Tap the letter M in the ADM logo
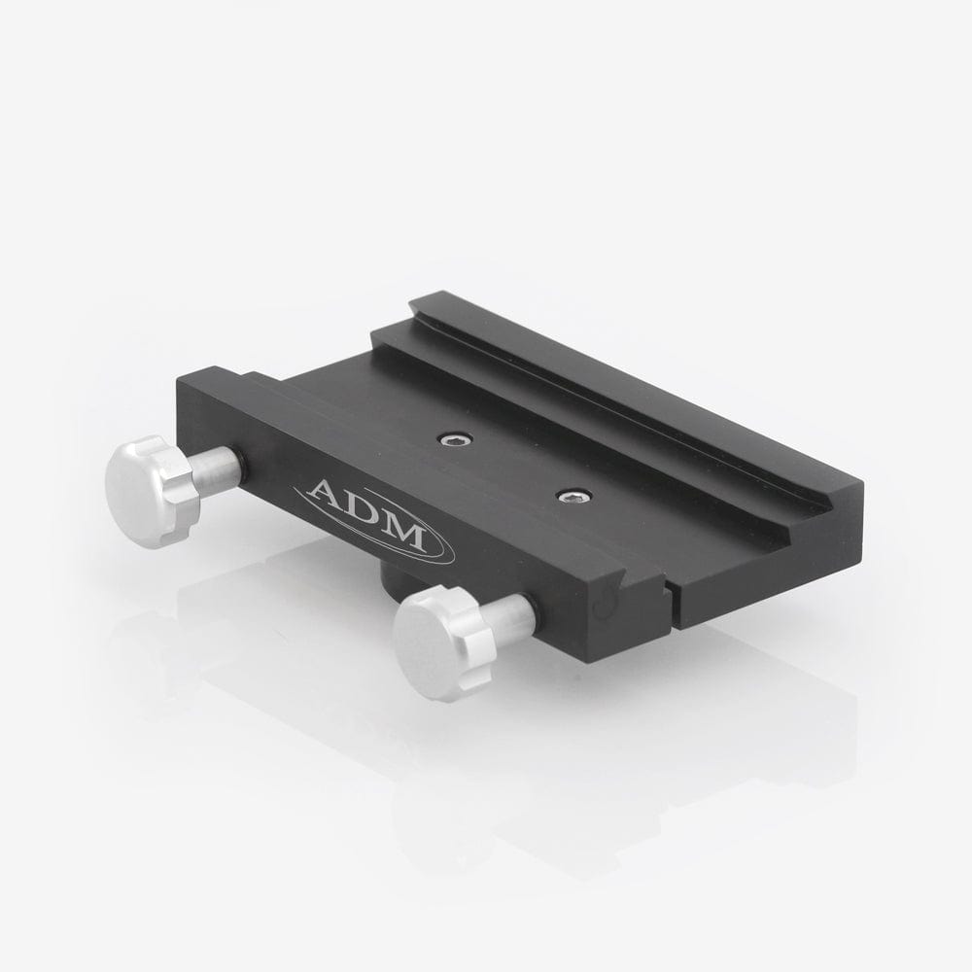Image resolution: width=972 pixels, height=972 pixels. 403,532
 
